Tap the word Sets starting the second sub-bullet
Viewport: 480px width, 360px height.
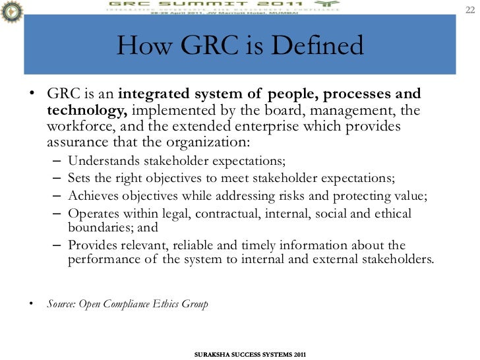(80, 178)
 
